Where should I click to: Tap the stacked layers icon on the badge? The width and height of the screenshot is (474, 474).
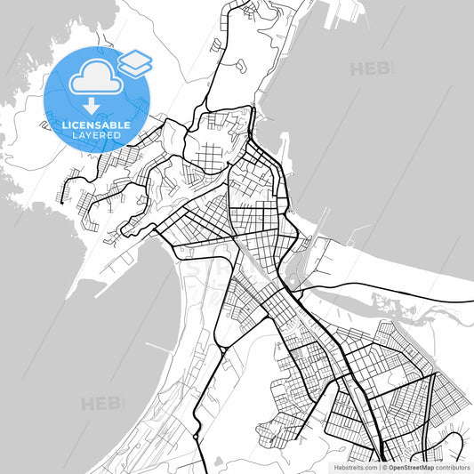(135, 61)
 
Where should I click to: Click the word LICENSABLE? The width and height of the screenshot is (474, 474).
(96, 125)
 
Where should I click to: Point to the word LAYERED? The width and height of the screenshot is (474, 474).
(96, 135)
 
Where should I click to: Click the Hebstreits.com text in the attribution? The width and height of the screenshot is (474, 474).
(356, 466)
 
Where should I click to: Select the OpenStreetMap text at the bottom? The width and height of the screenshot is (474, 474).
(410, 466)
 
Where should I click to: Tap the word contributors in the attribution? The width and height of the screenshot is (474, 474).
(453, 466)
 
